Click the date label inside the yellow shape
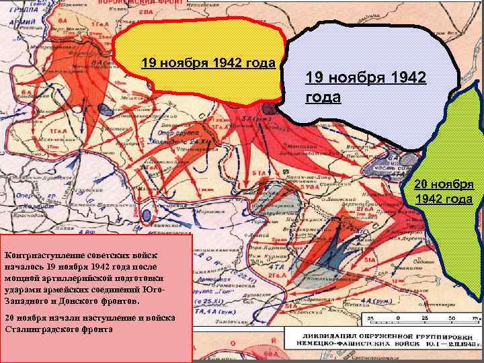pyautogui.click(x=208, y=64)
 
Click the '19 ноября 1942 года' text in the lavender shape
pyautogui.click(x=365, y=87)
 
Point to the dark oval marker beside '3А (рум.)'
pyautogui.click(x=268, y=108)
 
